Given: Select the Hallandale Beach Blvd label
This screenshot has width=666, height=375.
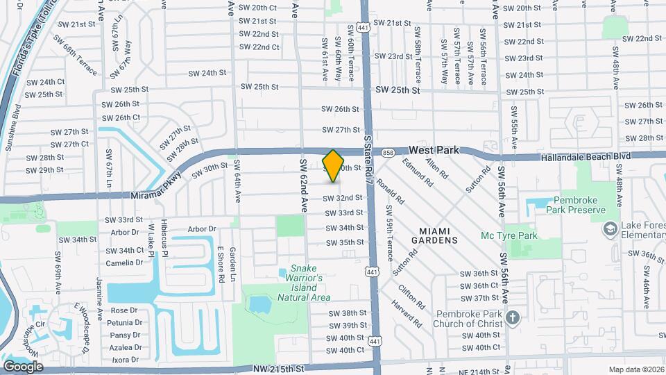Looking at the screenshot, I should (x=587, y=157).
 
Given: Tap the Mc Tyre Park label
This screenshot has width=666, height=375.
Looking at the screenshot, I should (x=510, y=236).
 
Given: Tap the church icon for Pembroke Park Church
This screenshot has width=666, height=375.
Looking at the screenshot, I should (x=513, y=318).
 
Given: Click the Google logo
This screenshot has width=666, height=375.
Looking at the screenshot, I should (x=24, y=366).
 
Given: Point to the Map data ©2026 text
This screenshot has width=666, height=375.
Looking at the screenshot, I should (x=635, y=369).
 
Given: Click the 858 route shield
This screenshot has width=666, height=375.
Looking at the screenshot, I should (x=388, y=152).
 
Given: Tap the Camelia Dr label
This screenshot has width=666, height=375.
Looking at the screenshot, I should (x=124, y=263).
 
